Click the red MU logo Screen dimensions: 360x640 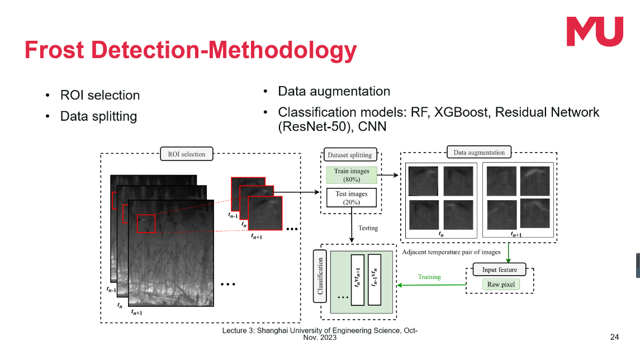point(595,31)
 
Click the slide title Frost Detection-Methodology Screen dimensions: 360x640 point(191,50)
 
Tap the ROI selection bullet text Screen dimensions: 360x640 point(100,95)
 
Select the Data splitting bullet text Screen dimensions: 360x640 point(98,116)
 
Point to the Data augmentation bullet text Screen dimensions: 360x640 point(334,91)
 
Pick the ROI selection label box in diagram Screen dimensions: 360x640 point(187,154)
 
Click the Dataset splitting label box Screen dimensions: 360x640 point(350,154)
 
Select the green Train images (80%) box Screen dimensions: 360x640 point(351,175)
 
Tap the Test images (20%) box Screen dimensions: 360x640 point(351,198)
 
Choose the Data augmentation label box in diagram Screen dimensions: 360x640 point(478,152)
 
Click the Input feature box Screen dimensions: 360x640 point(499,269)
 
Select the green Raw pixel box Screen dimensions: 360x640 point(501,285)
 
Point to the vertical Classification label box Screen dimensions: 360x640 point(320,276)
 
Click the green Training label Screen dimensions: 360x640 point(429,277)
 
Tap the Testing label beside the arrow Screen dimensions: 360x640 point(368,228)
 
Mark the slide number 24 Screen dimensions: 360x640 point(614,337)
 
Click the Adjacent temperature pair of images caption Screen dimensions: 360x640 point(451,252)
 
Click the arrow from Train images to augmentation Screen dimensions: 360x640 point(389,175)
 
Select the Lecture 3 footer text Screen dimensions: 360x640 point(320,334)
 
